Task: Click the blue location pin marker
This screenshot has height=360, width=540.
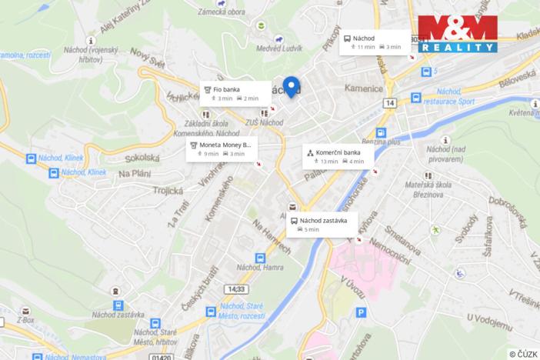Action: pos(290,86)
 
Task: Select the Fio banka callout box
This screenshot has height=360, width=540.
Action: pos(235,93)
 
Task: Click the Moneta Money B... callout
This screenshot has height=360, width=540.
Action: pos(224,148)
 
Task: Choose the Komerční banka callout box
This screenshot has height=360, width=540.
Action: pos(338,156)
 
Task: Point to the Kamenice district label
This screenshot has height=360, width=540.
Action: pos(364,88)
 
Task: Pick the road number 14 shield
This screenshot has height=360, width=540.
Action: pos(390,103)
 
